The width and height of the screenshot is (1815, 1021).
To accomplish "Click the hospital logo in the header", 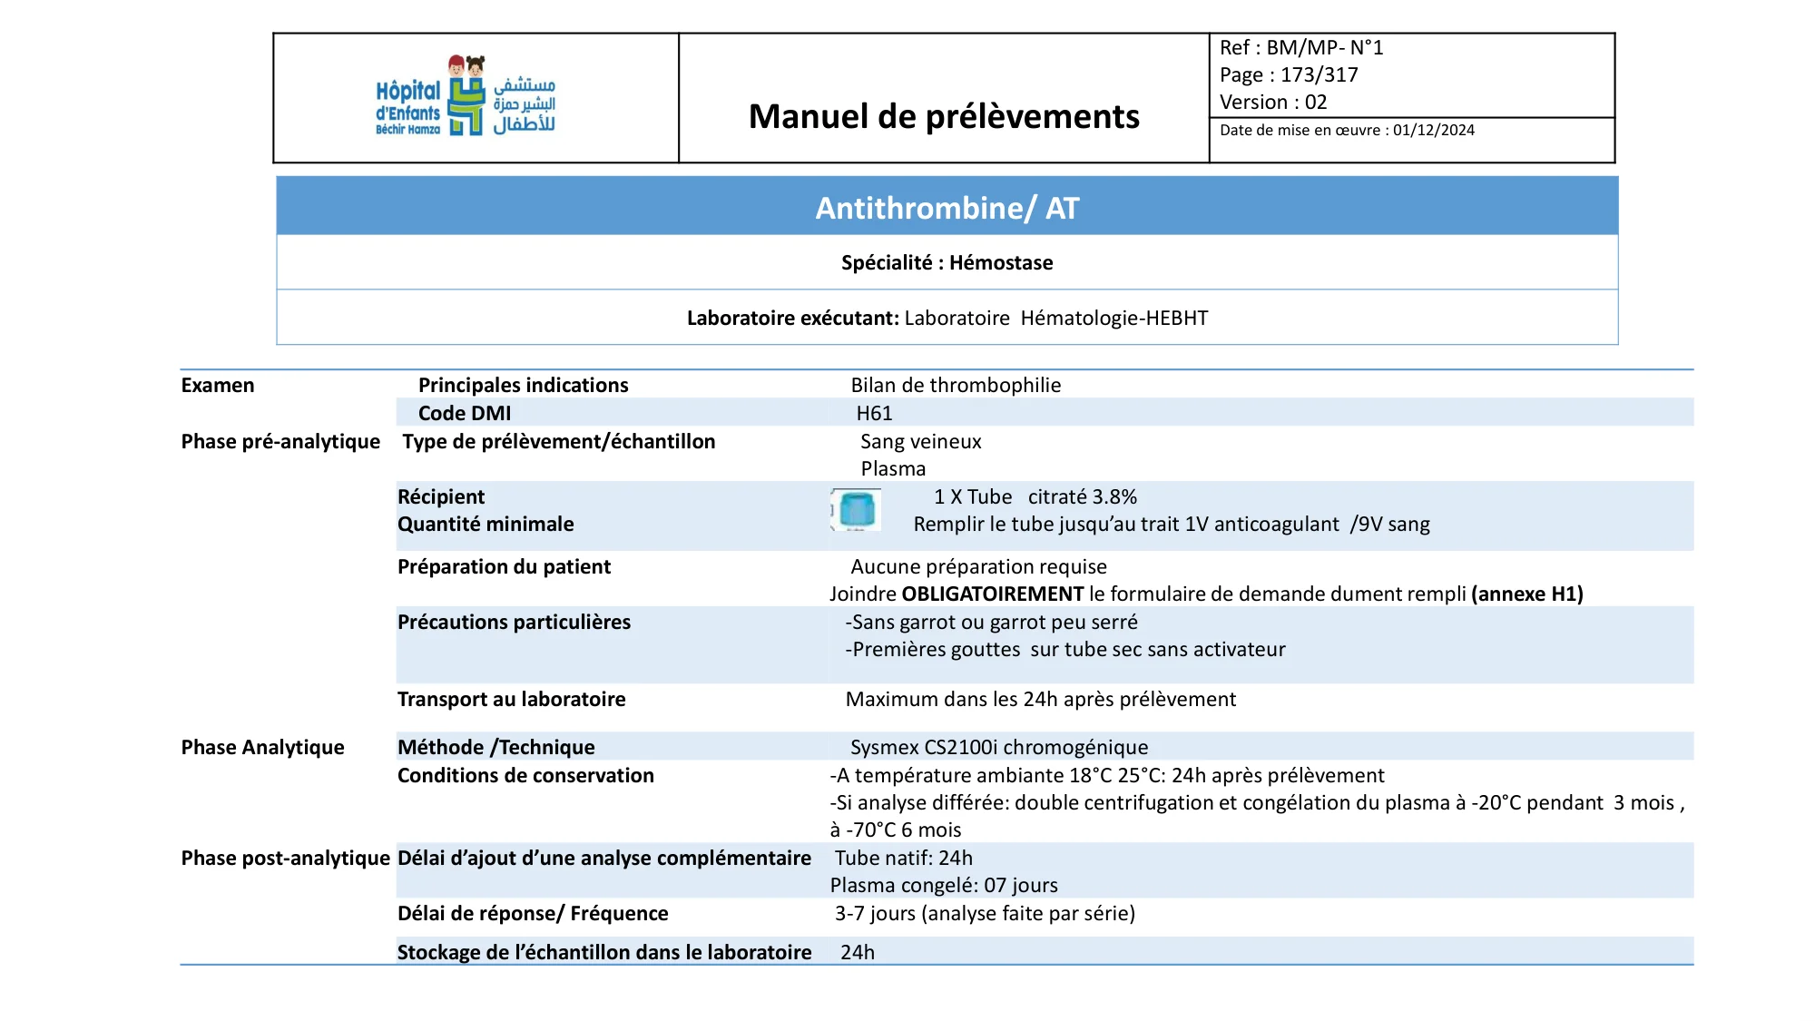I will tap(466, 96).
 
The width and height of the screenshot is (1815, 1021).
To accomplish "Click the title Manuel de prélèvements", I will tap(944, 117).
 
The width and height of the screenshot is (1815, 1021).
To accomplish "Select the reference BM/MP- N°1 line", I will tap(1301, 48).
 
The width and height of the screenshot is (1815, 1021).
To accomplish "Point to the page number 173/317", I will tap(1319, 75).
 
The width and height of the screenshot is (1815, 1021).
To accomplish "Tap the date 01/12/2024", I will tap(1434, 131).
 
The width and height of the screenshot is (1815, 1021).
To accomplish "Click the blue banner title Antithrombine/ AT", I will tap(947, 208).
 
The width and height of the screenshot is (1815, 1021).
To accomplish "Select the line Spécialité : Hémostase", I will tap(947, 263).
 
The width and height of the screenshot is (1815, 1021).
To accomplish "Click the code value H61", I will tap(874, 414).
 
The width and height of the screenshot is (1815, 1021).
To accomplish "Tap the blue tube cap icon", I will tap(856, 510).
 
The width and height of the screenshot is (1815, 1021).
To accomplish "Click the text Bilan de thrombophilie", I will tap(956, 386).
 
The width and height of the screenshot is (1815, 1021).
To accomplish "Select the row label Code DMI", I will tap(465, 414).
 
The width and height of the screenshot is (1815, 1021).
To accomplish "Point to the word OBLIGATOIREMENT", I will tap(992, 594).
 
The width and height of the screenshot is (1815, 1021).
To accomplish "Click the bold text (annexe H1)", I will tap(1526, 594).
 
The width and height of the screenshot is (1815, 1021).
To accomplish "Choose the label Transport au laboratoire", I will tap(511, 700).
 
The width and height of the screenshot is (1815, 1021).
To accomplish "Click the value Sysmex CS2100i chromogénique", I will tap(998, 748).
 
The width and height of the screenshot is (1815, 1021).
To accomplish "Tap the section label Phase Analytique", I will tap(262, 748).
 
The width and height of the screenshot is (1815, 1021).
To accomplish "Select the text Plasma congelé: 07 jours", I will tap(944, 886).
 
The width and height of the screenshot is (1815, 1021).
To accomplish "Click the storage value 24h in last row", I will tap(858, 953).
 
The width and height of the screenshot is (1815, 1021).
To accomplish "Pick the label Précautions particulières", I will tap(514, 623).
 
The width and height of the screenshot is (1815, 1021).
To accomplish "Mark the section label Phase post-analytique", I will tap(285, 859).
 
